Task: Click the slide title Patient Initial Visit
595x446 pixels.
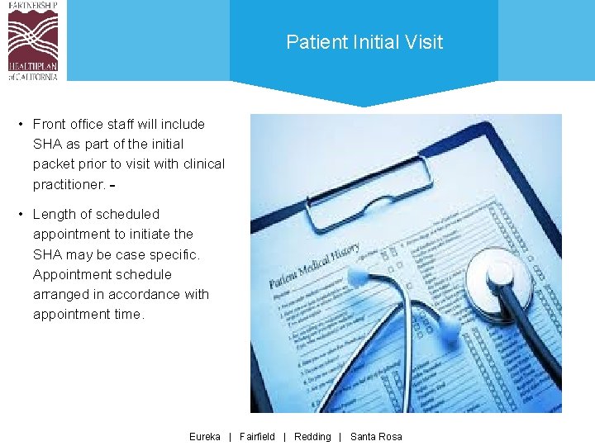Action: (364, 42)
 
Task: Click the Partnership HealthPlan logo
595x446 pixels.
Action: (33, 40)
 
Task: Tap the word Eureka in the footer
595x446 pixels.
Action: (205, 436)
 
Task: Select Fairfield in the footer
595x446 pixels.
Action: (257, 436)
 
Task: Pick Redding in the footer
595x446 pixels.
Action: (312, 436)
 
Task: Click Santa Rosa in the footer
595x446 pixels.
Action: (376, 436)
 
